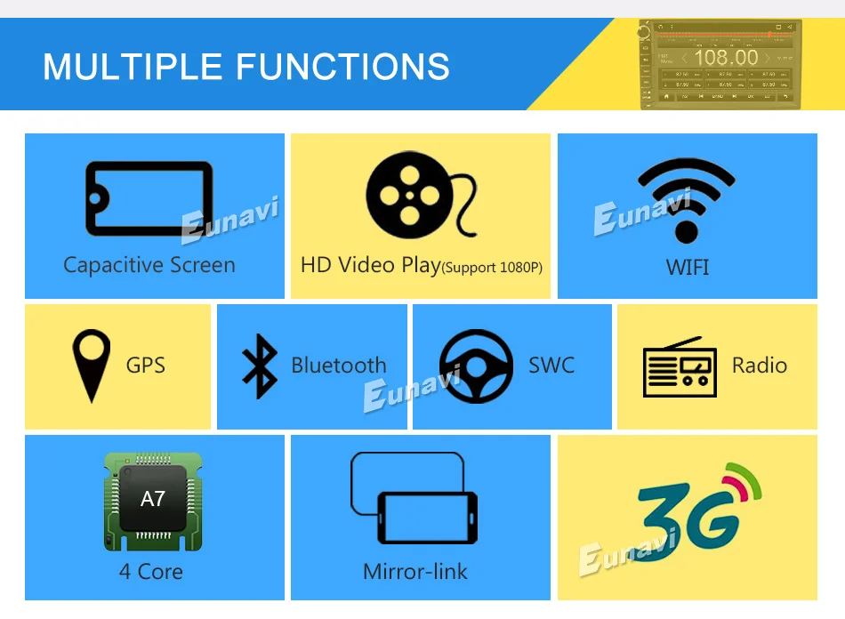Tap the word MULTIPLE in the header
click(x=133, y=67)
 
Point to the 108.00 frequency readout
click(x=726, y=58)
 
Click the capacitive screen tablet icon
click(x=149, y=198)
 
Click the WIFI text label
click(x=688, y=267)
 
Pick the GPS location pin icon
click(x=92, y=365)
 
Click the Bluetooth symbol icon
click(x=260, y=366)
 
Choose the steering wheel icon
click(x=476, y=366)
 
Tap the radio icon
click(x=680, y=366)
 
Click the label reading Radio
click(x=759, y=365)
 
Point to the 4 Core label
click(x=151, y=571)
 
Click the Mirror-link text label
click(x=415, y=571)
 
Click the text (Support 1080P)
click(x=492, y=267)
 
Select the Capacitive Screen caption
click(x=149, y=265)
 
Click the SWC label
click(x=551, y=365)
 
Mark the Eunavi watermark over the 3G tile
click(x=628, y=550)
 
